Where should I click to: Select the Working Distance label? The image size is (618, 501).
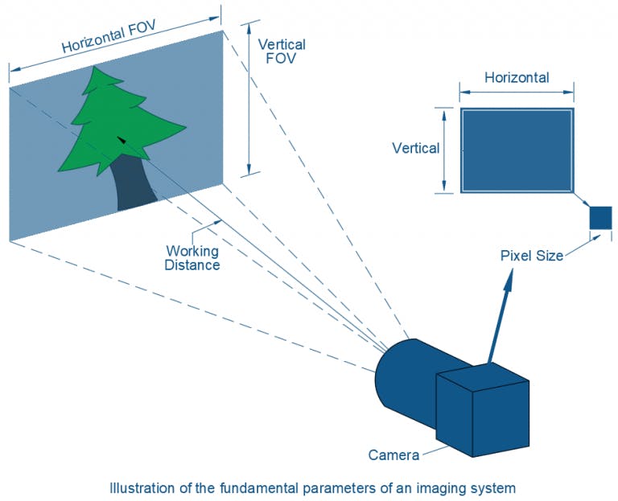coord(192,258)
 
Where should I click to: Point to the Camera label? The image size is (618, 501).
coord(393,455)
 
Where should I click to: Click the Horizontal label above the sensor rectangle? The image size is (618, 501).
coord(517,78)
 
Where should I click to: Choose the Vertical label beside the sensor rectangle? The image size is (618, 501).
coord(415,148)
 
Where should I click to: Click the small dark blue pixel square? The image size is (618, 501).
coord(600,218)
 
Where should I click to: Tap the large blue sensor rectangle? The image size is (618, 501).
coord(517,150)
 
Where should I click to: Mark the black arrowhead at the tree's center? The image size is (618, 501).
coord(122,140)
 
